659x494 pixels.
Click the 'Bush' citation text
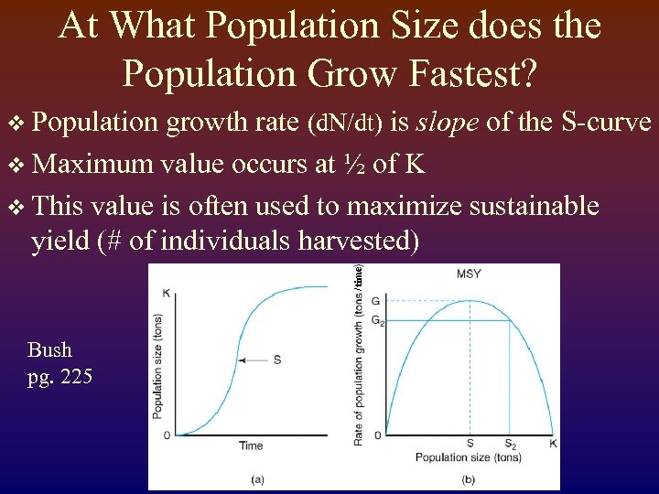coord(49,349)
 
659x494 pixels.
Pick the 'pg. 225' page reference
coord(59,376)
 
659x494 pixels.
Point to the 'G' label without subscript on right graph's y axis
coord(377,301)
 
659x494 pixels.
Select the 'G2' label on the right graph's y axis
coord(378,320)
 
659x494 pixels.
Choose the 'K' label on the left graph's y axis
coord(167,293)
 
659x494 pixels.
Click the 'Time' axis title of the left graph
coord(250,446)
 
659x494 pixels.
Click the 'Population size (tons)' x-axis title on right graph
coord(468,457)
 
